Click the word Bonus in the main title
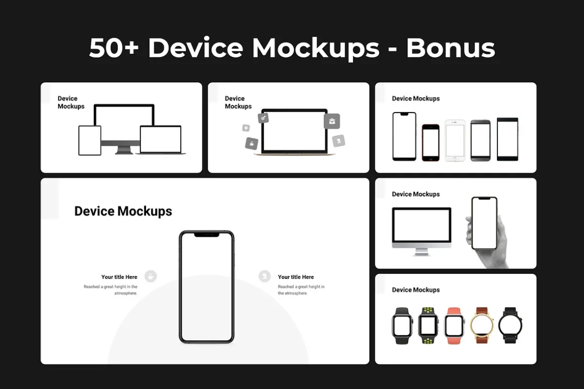pyautogui.click(x=450, y=48)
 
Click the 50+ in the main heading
pyautogui.click(x=114, y=48)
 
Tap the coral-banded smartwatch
pyautogui.click(x=454, y=326)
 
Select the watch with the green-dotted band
pyautogui.click(x=428, y=326)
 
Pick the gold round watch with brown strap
pyautogui.click(x=482, y=326)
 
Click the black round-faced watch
pyautogui.click(x=510, y=326)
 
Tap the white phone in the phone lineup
pyautogui.click(x=455, y=141)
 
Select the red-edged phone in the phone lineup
pyautogui.click(x=430, y=143)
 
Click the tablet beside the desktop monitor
pyautogui.click(x=90, y=141)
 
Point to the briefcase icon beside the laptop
pyautogui.click(x=332, y=121)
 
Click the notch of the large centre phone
pyautogui.click(x=207, y=235)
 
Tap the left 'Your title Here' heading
pyautogui.click(x=119, y=277)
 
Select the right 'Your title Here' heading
pyautogui.click(x=296, y=277)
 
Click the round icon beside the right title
pyautogui.click(x=264, y=276)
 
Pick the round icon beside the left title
pyautogui.click(x=151, y=276)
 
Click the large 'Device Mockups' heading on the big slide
pyautogui.click(x=123, y=211)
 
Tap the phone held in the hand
pyautogui.click(x=484, y=224)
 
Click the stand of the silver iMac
pyautogui.click(x=421, y=252)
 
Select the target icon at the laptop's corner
pyautogui.click(x=263, y=118)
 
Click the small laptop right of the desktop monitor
pyautogui.click(x=161, y=140)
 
